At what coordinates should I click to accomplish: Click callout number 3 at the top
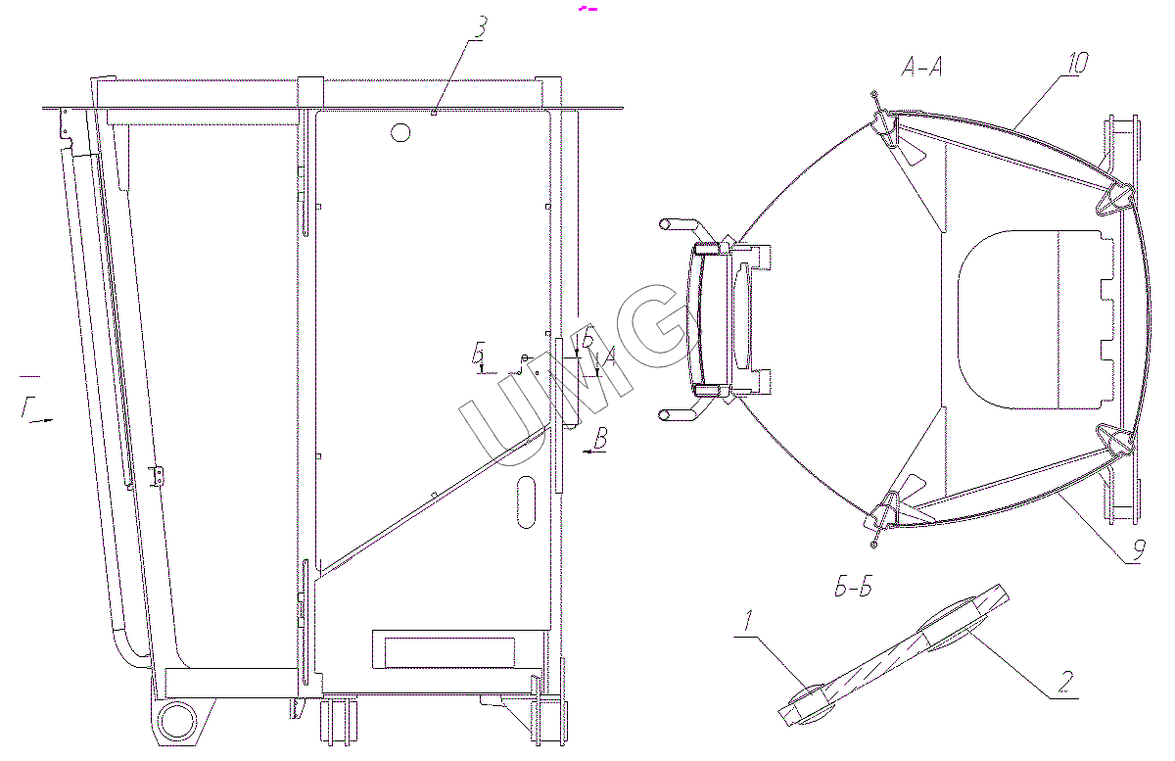[x=480, y=27]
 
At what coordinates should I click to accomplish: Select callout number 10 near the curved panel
[x=1077, y=63]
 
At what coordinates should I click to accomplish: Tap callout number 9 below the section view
[x=1138, y=550]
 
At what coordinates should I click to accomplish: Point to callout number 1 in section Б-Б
[x=748, y=621]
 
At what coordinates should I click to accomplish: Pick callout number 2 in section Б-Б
[x=1065, y=682]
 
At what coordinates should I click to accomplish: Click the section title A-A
[x=921, y=68]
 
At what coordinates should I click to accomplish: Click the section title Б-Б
[x=854, y=587]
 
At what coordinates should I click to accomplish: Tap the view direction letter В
[x=600, y=438]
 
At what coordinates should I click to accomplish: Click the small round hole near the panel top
[x=400, y=132]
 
